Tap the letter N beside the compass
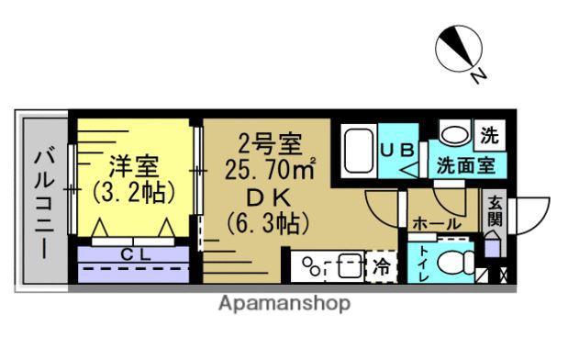478,77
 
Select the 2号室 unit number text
271,144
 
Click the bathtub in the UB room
356,151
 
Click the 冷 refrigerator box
380,268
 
